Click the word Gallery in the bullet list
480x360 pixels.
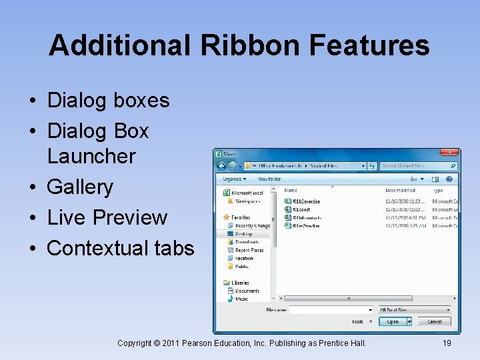point(80,187)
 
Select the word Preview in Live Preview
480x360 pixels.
point(130,217)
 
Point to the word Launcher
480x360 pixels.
point(91,156)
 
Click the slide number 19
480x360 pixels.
point(447,343)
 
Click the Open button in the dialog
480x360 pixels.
point(393,321)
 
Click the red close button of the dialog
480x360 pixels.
point(452,153)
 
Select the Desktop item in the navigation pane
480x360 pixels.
point(243,234)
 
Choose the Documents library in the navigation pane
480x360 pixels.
point(247,291)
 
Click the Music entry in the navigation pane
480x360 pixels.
point(242,299)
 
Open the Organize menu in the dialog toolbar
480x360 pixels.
point(234,179)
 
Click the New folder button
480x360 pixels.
point(269,179)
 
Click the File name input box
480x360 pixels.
point(331,310)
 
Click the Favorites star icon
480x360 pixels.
point(227,217)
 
